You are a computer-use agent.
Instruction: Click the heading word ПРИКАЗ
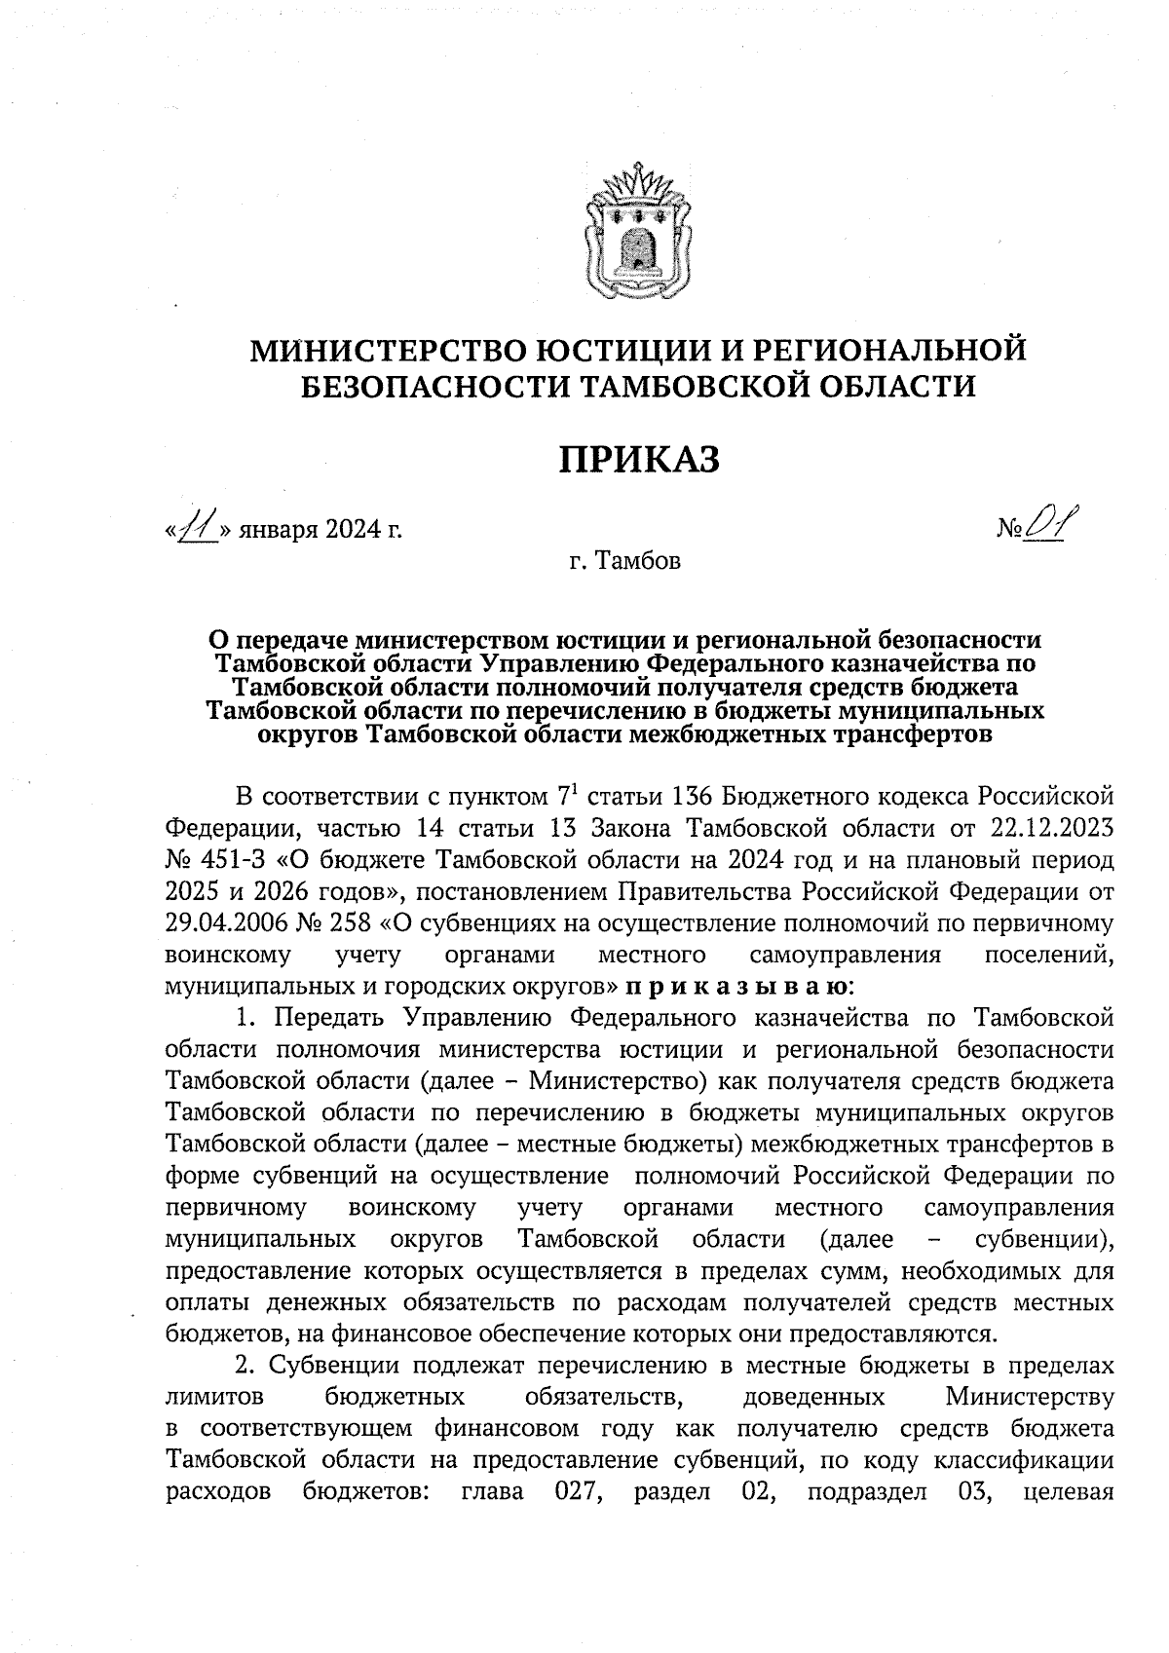click(x=638, y=459)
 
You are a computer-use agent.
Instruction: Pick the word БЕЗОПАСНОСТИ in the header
click(x=430, y=388)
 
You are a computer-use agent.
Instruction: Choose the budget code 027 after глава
click(x=575, y=1491)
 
